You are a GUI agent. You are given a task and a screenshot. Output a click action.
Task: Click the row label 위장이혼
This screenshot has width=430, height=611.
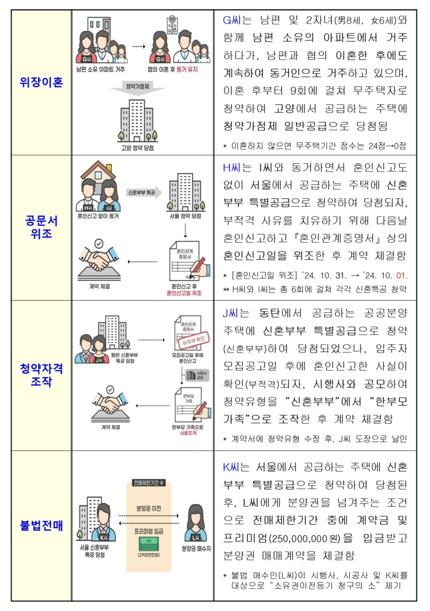[41, 82]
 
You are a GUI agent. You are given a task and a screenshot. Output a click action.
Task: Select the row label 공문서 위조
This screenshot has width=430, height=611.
[41, 227]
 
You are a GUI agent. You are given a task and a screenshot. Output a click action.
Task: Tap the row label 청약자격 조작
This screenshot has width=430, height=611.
[41, 375]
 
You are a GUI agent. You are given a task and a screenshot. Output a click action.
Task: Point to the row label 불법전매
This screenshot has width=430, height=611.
[41, 525]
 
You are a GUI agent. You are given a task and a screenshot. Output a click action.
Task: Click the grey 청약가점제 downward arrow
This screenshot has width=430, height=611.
[138, 88]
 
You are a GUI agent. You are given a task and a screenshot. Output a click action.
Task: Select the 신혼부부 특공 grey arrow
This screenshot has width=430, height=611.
[143, 192]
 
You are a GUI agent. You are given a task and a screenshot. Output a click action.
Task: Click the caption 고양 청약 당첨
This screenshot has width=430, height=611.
[137, 148]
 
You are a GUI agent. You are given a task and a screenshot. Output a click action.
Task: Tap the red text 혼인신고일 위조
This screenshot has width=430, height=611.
[184, 293]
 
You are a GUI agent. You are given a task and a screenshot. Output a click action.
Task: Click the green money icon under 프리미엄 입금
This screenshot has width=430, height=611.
[149, 544]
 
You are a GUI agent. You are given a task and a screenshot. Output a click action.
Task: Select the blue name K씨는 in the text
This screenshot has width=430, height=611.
[236, 467]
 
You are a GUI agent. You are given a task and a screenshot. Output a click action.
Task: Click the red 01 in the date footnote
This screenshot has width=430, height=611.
[401, 275]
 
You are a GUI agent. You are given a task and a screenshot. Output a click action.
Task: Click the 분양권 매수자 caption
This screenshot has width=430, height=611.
[196, 548]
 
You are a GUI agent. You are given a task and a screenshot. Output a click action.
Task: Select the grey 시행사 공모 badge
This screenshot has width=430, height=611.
[197, 375]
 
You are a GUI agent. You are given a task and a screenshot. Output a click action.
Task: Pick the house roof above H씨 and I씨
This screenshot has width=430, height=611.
[98, 168]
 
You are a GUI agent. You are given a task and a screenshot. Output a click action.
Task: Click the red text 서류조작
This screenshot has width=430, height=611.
[188, 433]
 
